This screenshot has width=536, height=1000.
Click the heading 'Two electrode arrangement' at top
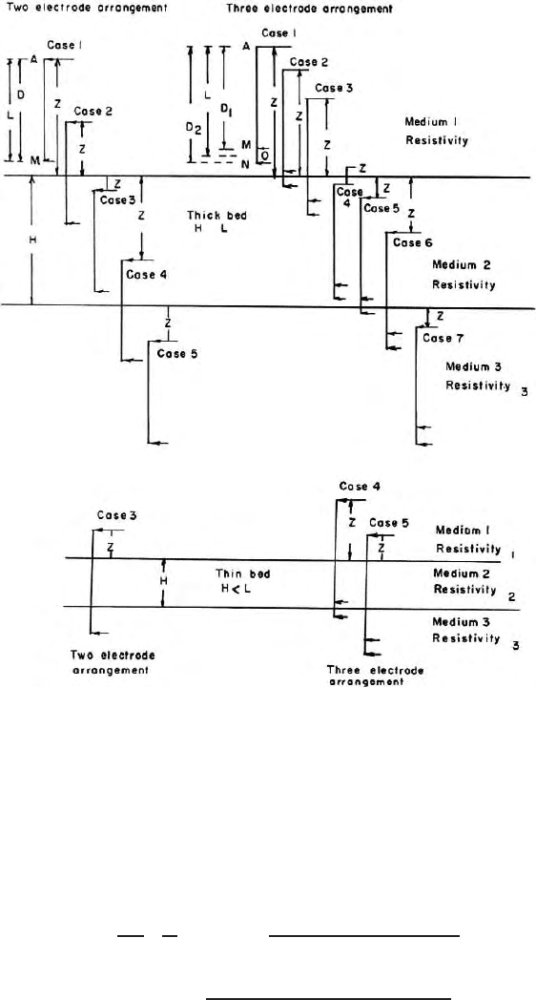(86, 9)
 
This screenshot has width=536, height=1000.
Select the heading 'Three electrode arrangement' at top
(310, 9)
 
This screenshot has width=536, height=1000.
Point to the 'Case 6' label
(412, 242)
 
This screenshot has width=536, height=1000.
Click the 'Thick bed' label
(216, 217)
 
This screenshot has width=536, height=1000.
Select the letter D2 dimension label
(192, 128)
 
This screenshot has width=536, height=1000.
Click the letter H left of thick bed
(31, 241)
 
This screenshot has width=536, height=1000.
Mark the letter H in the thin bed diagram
(163, 581)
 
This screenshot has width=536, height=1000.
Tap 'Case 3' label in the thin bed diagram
(117, 514)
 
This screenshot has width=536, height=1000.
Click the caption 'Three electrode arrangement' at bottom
(376, 676)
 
